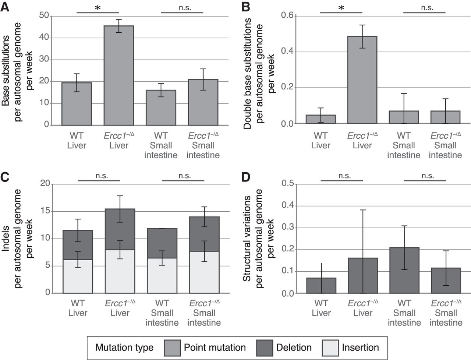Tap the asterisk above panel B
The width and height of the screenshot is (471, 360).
pyautogui.click(x=341, y=7)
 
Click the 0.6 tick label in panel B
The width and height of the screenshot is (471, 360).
pyautogui.click(x=287, y=15)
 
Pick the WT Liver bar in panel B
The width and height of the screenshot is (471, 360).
pyautogui.click(x=321, y=119)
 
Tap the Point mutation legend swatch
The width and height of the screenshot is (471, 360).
pyautogui.click(x=171, y=348)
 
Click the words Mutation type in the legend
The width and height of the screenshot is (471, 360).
pyautogui.click(x=124, y=348)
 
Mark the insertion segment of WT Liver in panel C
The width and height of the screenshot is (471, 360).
pyautogui.click(x=78, y=276)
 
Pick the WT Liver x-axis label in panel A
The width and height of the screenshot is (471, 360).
pyautogui.click(x=77, y=140)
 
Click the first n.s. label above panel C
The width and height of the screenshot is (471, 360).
pyautogui.click(x=102, y=176)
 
